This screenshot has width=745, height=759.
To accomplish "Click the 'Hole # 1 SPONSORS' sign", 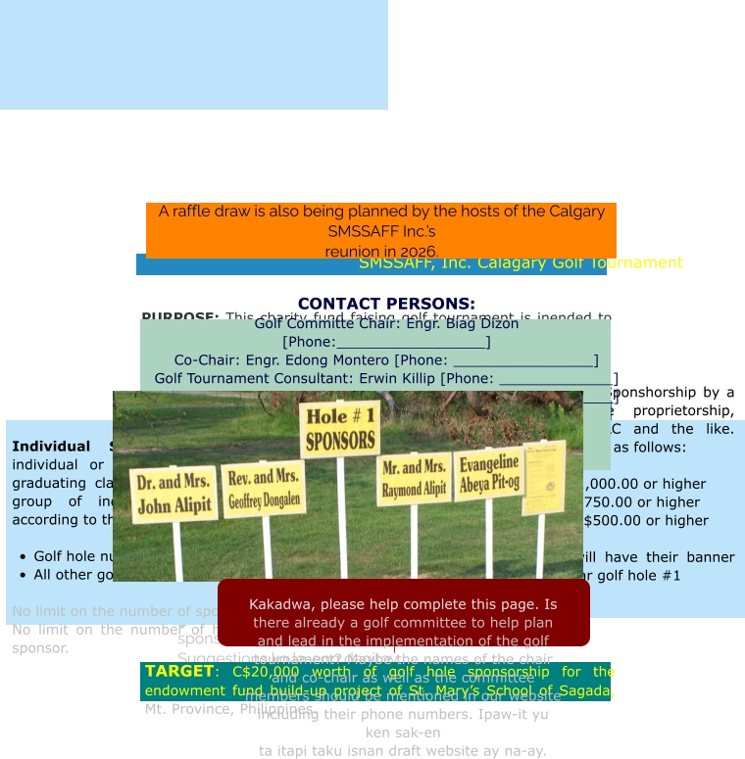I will (339, 428).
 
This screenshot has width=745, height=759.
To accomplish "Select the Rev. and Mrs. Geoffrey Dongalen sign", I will (263, 489).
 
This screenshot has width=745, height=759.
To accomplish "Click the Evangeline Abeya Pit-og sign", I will (489, 473).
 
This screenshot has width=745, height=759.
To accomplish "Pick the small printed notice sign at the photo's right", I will (543, 477).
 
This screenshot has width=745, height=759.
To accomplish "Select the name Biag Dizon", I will (481, 323).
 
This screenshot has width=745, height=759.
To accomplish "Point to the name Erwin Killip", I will (399, 378).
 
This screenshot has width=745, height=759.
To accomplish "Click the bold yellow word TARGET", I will (178, 671).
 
